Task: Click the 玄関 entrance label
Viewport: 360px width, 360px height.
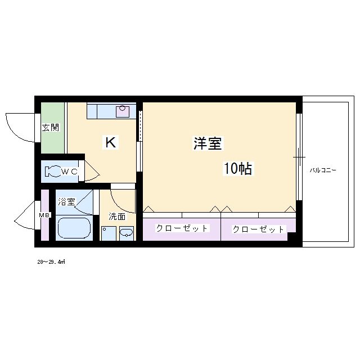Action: [51, 128]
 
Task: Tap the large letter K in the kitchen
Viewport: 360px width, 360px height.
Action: [110, 143]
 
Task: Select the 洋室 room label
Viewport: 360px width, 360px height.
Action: [208, 144]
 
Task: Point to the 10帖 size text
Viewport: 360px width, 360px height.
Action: [237, 168]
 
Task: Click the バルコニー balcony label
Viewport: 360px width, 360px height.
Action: [322, 169]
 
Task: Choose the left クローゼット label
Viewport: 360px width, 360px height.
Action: [182, 228]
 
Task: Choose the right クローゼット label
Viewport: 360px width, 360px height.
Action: [259, 229]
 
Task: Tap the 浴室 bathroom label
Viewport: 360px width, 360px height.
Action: [67, 201]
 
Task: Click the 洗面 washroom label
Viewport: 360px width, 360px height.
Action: [117, 216]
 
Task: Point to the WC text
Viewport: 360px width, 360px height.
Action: [70, 172]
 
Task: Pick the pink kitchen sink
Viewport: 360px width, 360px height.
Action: [123, 111]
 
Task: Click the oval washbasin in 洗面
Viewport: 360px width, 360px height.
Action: [127, 233]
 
